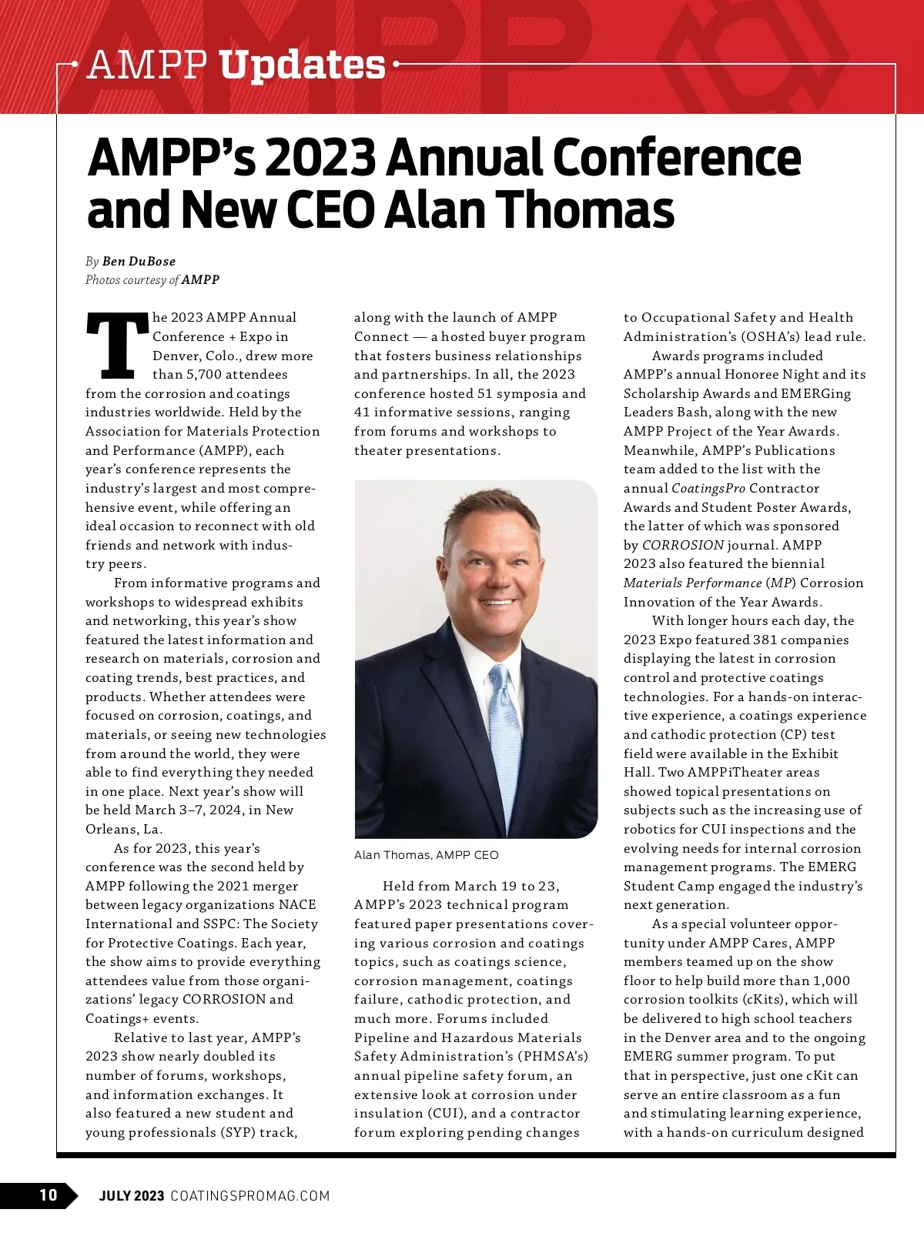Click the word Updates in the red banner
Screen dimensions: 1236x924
302,65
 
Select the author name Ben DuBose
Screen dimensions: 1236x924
139,262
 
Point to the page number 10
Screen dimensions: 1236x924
48,1195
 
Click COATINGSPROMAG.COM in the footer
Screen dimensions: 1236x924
249,1196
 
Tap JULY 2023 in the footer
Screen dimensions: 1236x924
131,1196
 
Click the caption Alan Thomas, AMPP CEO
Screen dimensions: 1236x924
426,855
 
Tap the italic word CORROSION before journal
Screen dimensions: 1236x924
682,546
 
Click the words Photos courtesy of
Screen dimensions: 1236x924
132,280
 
